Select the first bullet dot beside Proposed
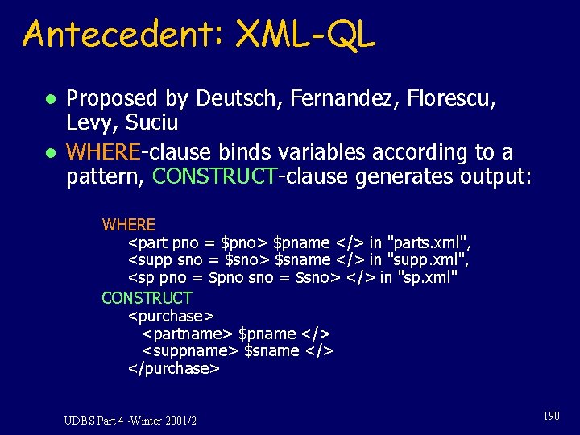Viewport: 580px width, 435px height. (50, 99)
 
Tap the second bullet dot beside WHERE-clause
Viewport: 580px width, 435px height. (50, 153)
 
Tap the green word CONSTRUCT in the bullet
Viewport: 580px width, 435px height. (214, 176)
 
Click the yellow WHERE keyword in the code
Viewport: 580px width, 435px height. (128, 224)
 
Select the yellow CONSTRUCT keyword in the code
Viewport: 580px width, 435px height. (147, 297)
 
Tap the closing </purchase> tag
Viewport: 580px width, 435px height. (173, 369)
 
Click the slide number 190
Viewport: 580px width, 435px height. (551, 416)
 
